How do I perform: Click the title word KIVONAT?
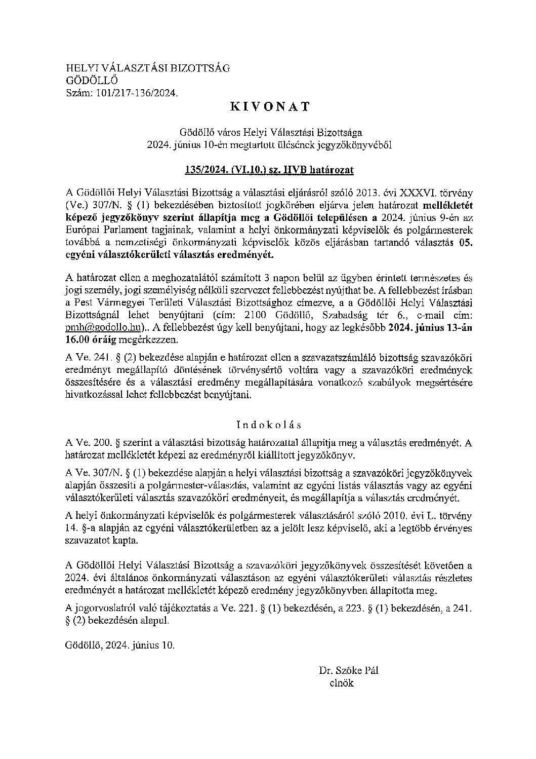(270, 107)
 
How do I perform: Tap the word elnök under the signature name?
(342, 683)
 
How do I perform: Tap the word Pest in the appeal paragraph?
(85, 303)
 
